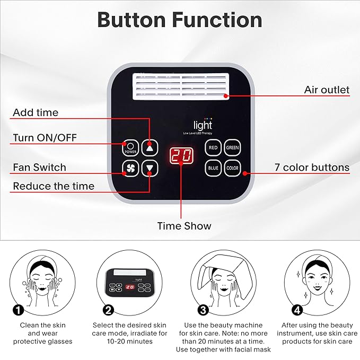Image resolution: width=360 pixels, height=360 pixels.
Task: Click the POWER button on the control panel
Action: click(x=130, y=147)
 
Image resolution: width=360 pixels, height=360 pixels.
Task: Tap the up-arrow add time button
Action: click(x=150, y=147)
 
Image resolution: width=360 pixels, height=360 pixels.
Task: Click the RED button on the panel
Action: click(x=213, y=147)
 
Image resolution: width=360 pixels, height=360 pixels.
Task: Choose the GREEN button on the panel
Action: click(x=232, y=147)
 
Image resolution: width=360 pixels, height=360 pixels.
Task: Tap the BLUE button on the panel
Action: click(x=213, y=169)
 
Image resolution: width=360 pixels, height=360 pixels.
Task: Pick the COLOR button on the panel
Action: click(x=232, y=169)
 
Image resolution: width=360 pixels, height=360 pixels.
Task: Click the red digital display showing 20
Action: click(x=181, y=156)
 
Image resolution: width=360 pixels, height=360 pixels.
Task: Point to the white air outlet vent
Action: click(x=181, y=86)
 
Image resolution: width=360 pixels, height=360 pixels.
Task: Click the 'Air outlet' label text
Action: click(x=327, y=90)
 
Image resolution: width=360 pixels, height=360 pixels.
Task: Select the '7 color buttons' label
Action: click(x=312, y=168)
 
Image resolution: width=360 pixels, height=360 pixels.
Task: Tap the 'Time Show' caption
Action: click(x=184, y=226)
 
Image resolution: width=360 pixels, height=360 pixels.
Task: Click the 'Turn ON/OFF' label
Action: click(x=45, y=138)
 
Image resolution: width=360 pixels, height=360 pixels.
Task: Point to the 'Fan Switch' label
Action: click(x=40, y=168)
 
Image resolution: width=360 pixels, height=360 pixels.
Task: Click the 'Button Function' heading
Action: click(x=179, y=20)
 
